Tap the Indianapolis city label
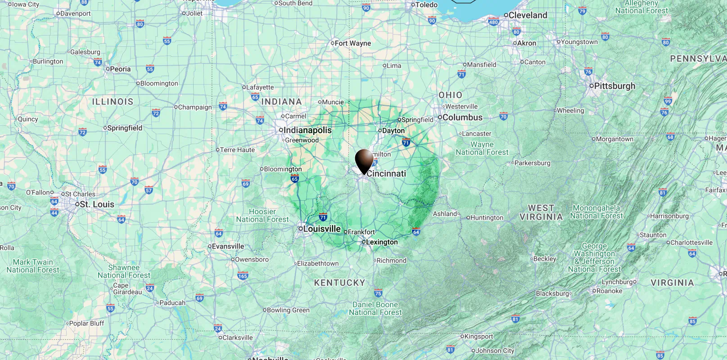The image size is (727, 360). tap(307, 130)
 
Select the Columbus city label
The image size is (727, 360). tap(462, 117)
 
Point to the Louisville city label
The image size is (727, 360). tap(321, 229)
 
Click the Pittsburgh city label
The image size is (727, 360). tap(614, 85)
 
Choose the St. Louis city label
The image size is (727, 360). tap(97, 204)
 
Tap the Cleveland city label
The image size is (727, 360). tap(528, 15)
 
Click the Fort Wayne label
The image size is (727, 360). tap(352, 43)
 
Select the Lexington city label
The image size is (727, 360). tap(382, 242)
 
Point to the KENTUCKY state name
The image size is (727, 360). tap(339, 283)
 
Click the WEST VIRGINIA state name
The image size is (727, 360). tap(541, 212)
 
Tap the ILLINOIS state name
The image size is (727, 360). tap(113, 102)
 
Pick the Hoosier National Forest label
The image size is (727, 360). tap(262, 216)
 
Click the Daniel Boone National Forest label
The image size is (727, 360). tap(375, 309)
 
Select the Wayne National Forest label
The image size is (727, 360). tap(482, 148)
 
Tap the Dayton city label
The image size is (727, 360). tap(393, 130)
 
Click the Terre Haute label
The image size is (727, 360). tap(237, 150)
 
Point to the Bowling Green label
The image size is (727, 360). tap(288, 310)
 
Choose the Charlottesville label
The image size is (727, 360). tap(691, 243)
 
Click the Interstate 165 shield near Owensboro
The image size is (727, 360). tap(243, 276)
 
